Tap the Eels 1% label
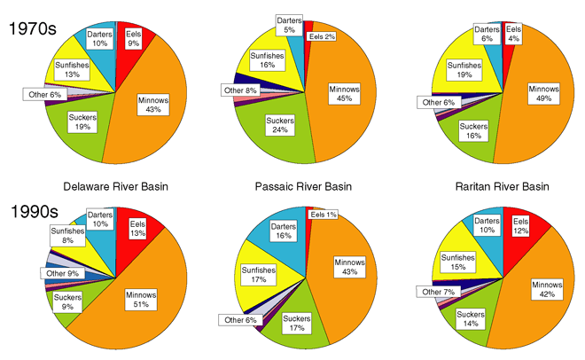click(x=323, y=215)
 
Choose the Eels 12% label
click(x=519, y=229)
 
